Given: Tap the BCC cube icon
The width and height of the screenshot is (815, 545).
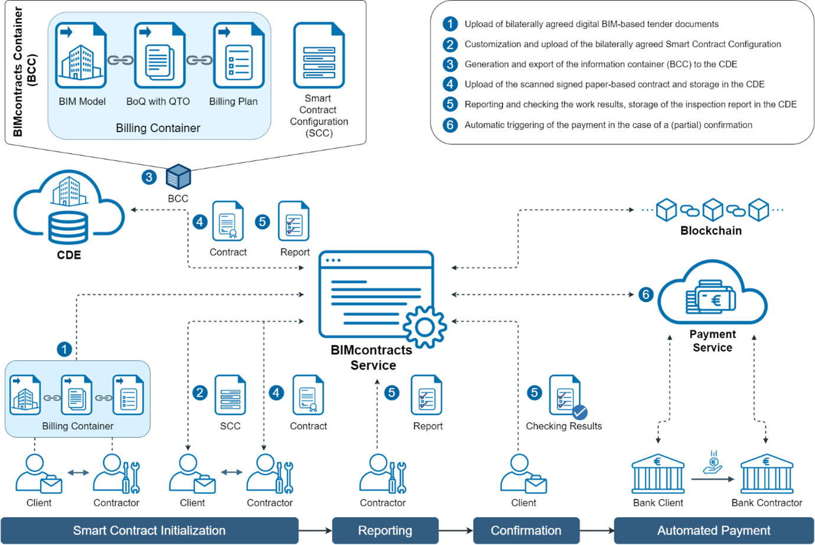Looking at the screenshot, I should tap(178, 177).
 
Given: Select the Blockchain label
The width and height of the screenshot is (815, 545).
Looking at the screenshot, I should tap(710, 231).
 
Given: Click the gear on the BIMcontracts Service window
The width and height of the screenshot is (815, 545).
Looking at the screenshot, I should tap(425, 327).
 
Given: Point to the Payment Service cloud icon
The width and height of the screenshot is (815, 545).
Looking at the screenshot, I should tap(712, 295).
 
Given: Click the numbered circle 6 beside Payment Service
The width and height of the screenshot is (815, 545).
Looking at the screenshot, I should tap(646, 294).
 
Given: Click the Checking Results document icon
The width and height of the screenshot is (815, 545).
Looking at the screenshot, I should tap(567, 396).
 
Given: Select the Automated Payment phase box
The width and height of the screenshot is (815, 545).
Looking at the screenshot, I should tap(713, 530).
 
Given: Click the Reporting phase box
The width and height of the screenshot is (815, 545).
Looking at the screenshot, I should tap(385, 530).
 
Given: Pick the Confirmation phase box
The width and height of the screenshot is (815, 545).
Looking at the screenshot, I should tap(526, 530).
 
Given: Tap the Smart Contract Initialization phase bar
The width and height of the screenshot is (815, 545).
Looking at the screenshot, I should tap(149, 530).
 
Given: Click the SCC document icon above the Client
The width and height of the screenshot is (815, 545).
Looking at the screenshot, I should tap(230, 394).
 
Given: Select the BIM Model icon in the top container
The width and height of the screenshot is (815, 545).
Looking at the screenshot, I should tap(81, 56).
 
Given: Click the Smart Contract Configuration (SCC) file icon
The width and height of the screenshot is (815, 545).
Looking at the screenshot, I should tap(319, 56).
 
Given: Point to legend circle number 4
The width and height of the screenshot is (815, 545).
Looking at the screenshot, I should tap(450, 84).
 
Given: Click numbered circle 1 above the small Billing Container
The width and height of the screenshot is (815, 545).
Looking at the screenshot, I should tap(64, 349).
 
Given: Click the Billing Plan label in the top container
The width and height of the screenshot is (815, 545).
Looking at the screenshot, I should tap(233, 102).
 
